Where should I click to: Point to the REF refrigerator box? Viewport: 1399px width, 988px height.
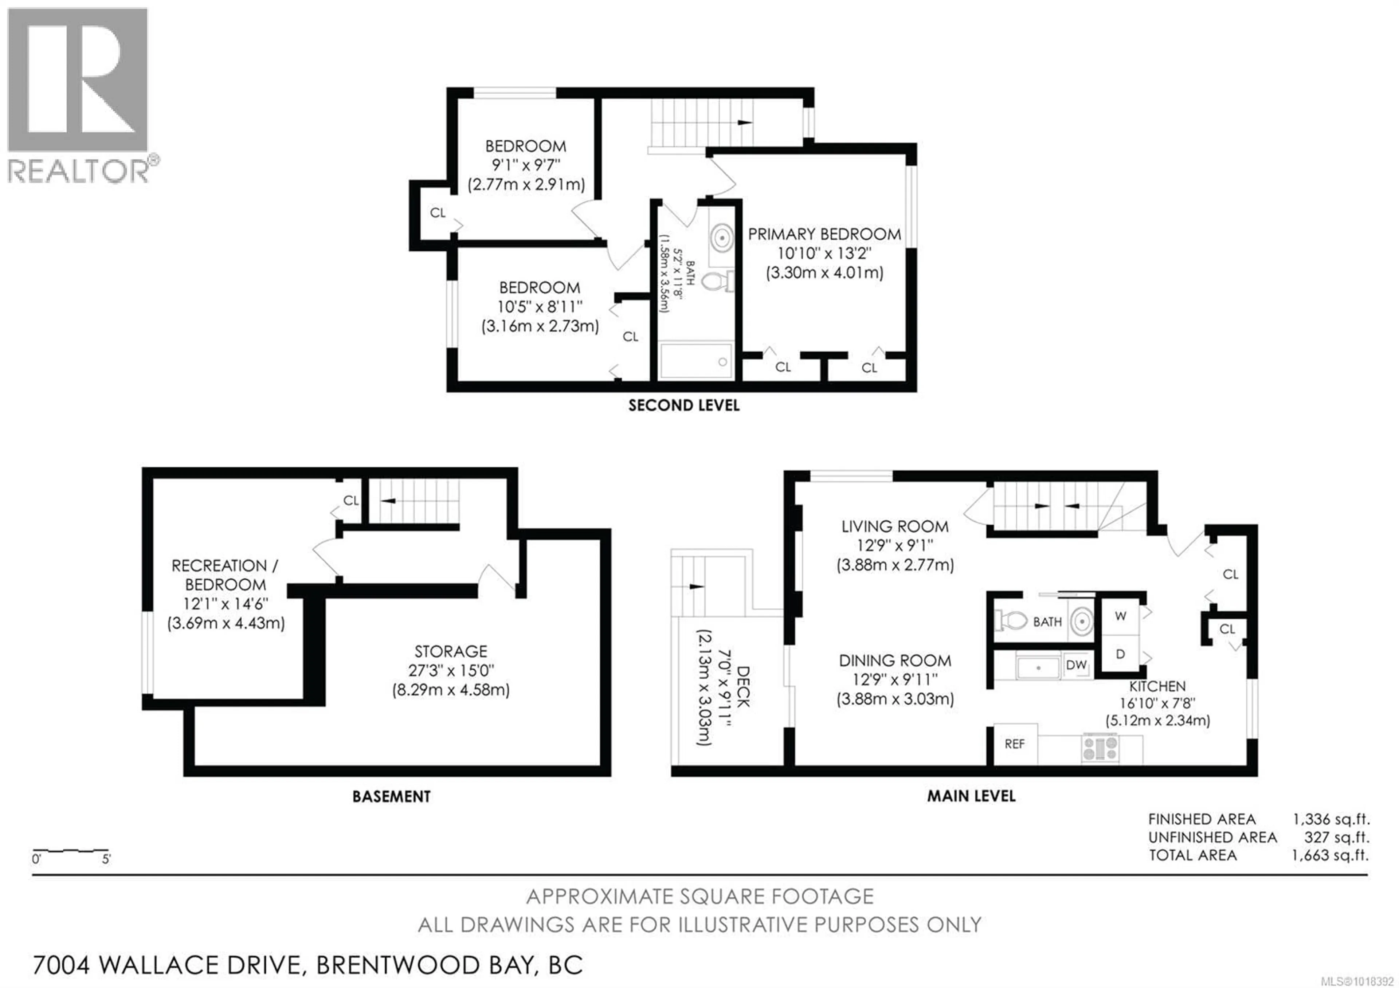[1015, 744]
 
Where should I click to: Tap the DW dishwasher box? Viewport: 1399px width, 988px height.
[1076, 664]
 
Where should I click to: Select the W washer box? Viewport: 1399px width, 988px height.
[1120, 616]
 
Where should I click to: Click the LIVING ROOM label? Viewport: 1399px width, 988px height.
[894, 526]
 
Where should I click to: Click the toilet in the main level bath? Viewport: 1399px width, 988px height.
[1011, 621]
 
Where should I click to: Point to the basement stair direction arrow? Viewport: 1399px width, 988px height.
[388, 501]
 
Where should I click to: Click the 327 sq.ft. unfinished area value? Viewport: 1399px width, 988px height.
[1336, 838]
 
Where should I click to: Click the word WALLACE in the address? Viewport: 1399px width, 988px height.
[199, 965]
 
